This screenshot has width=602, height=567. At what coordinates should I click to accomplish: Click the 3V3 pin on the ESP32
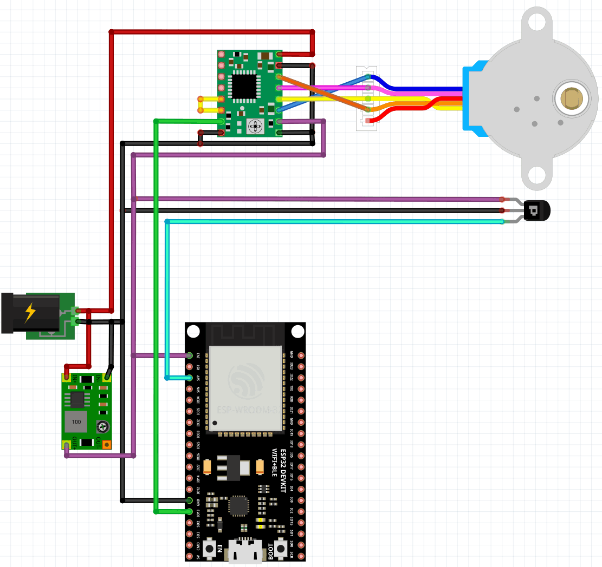pyautogui.click(x=190, y=355)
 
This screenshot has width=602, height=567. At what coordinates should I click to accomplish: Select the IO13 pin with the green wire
pyautogui.click(x=190, y=511)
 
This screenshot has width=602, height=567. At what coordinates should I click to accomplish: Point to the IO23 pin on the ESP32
pyautogui.click(x=301, y=366)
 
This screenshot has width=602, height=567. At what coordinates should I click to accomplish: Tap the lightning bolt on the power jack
pyautogui.click(x=30, y=312)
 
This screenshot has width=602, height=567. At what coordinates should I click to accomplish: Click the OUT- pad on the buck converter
pyautogui.click(x=107, y=445)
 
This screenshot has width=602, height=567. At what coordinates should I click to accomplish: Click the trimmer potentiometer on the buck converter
pyautogui.click(x=101, y=427)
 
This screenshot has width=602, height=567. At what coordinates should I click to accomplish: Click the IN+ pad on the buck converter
pyautogui.click(x=67, y=376)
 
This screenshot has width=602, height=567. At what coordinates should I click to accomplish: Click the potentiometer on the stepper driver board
pyautogui.click(x=254, y=127)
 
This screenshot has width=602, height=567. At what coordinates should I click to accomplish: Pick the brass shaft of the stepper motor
pyautogui.click(x=571, y=98)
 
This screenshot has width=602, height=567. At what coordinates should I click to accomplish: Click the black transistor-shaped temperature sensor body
pyautogui.click(x=536, y=210)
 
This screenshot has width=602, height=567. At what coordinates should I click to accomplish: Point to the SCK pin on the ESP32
pyautogui.click(x=301, y=556)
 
